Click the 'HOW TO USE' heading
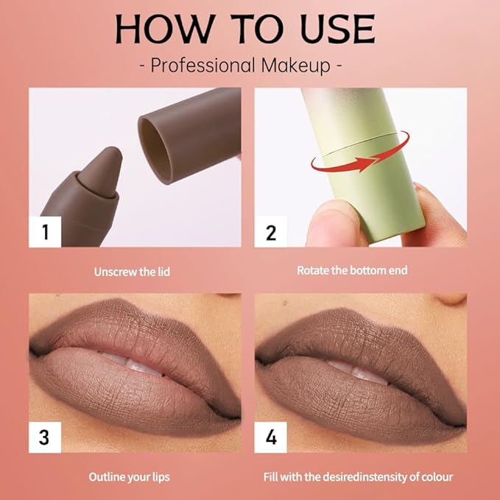tap(244, 29)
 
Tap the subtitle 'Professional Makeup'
tap(244, 65)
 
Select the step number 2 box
tap(270, 233)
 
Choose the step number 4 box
tap(270, 437)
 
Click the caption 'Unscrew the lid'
tap(132, 272)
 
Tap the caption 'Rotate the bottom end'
tap(352, 270)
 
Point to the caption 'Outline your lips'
tap(130, 477)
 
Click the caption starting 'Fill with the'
tap(358, 477)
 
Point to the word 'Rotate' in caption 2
tap(313, 270)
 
